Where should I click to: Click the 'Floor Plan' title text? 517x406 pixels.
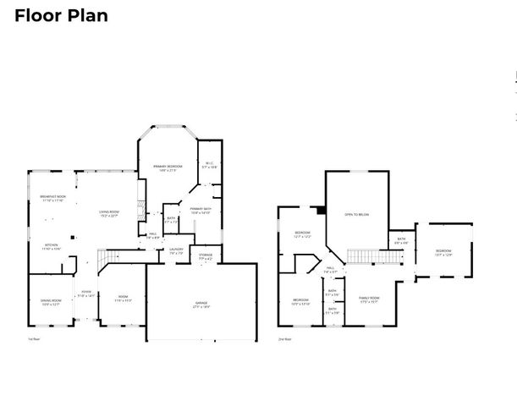click(x=61, y=16)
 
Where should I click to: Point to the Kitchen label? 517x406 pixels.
click(x=50, y=246)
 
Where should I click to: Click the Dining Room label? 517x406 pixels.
click(x=52, y=303)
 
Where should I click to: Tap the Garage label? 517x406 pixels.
click(x=201, y=304)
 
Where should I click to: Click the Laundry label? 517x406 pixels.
click(x=176, y=250)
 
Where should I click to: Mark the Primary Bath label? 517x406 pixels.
click(x=201, y=211)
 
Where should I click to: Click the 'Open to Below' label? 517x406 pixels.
click(x=356, y=215)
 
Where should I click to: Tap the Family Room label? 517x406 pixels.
click(x=369, y=299)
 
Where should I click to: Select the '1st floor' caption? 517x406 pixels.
click(x=35, y=338)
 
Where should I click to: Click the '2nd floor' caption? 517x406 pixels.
click(x=285, y=338)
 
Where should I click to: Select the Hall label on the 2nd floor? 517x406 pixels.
click(x=330, y=270)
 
